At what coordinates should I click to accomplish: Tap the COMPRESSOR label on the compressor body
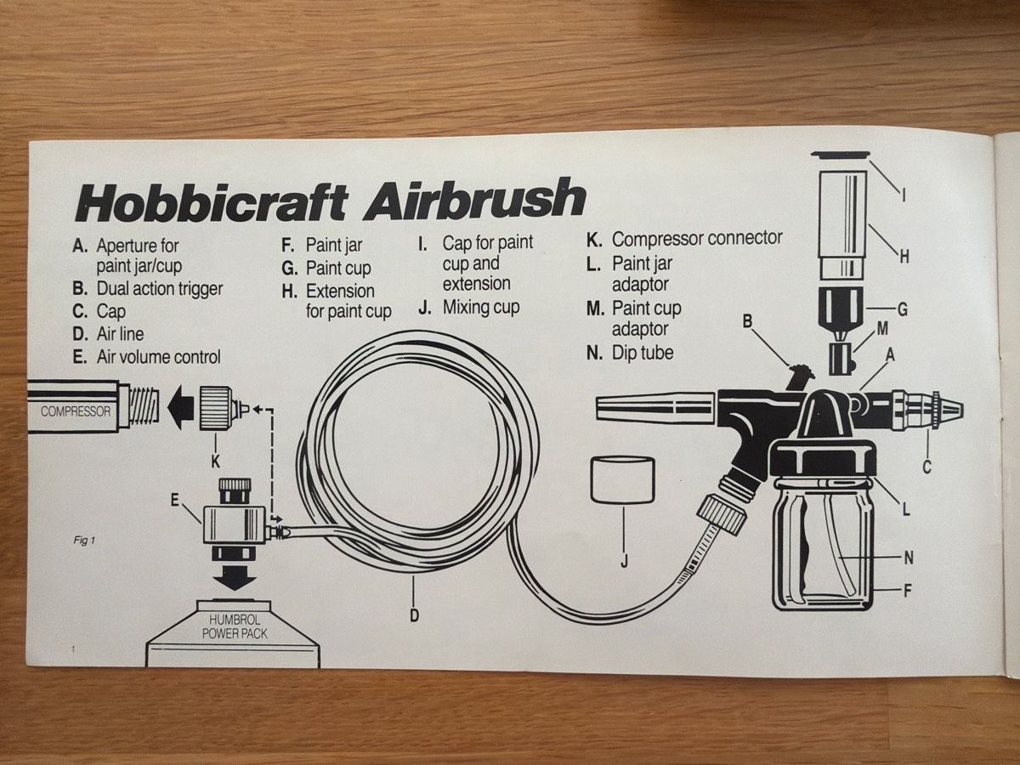(x=76, y=411)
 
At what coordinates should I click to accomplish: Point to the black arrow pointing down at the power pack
(x=235, y=578)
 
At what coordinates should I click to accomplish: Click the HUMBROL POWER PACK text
(x=235, y=627)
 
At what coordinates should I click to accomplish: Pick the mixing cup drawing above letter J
(x=622, y=479)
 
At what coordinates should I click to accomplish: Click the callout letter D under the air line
(x=414, y=615)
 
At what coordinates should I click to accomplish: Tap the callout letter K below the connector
(x=215, y=462)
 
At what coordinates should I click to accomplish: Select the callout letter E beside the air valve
(x=174, y=500)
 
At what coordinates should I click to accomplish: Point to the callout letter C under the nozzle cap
(x=926, y=467)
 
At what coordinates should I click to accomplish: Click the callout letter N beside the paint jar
(x=909, y=557)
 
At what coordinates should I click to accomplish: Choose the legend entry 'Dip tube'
(x=630, y=353)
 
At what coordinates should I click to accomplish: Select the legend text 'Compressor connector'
(x=684, y=239)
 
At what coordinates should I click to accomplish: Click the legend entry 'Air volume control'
(x=146, y=357)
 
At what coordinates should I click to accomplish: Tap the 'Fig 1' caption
(x=84, y=541)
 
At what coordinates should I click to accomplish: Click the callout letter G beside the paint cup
(x=903, y=309)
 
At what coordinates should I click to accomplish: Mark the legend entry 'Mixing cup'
(x=469, y=308)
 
